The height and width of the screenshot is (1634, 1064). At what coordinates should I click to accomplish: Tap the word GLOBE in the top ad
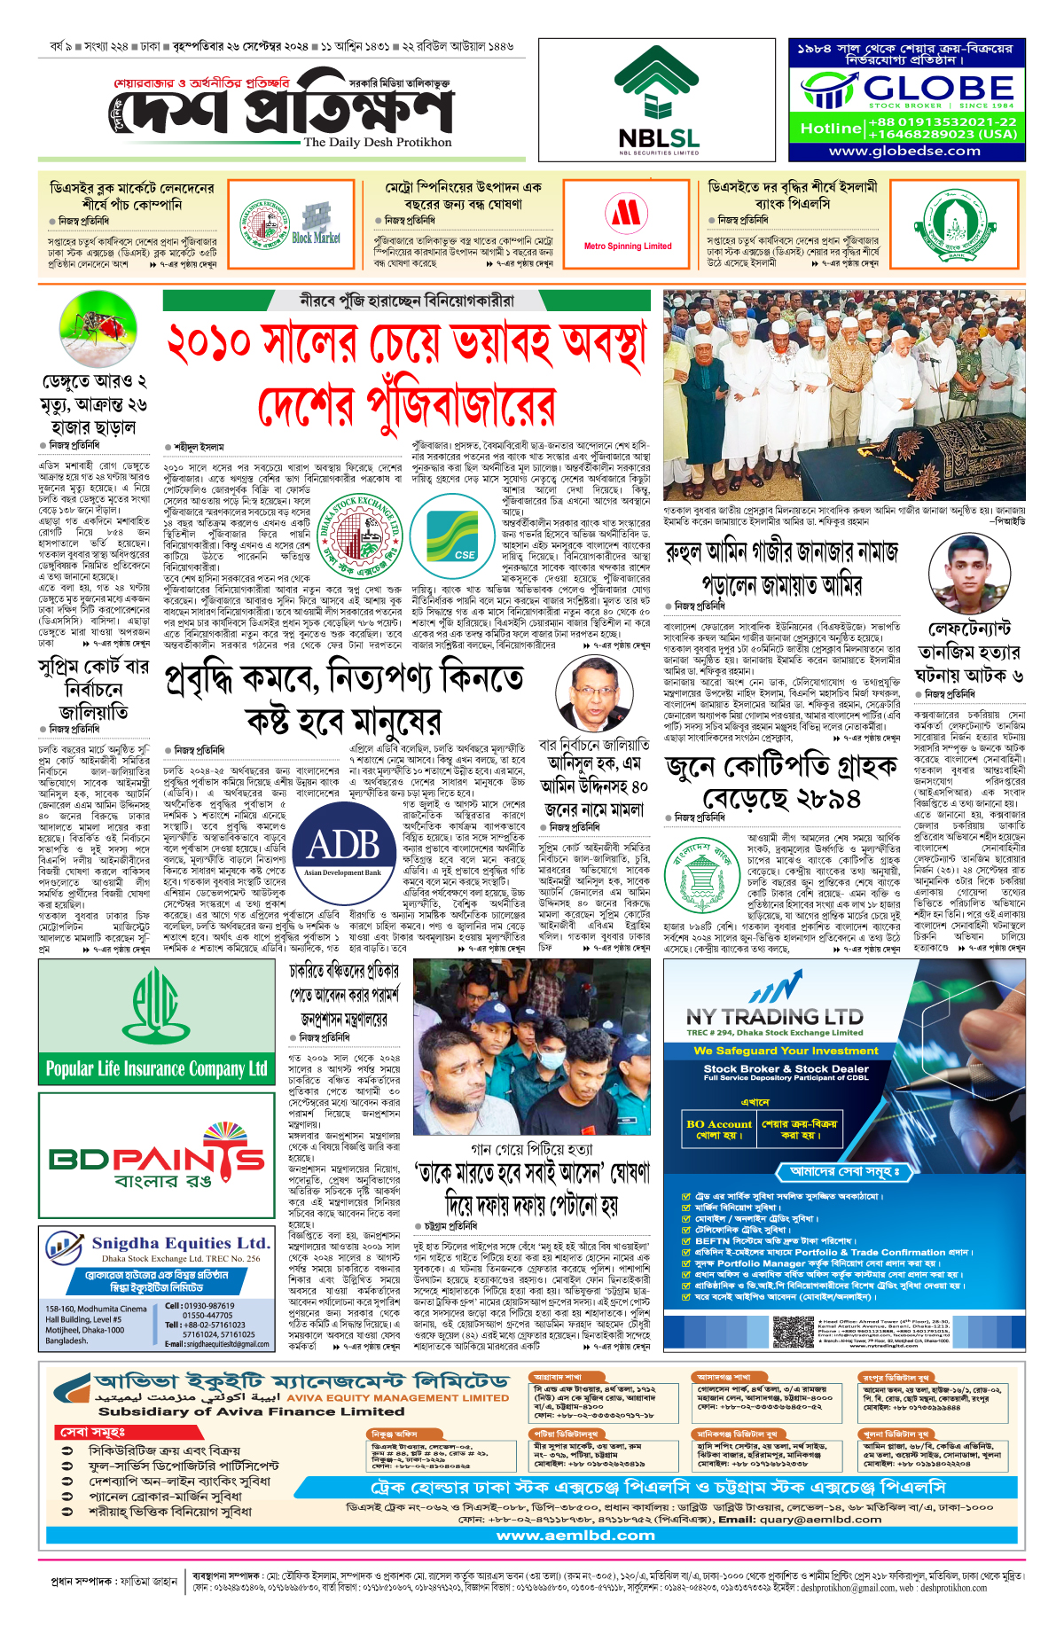coord(938,88)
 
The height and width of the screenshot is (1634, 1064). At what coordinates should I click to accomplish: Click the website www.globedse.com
coord(904,151)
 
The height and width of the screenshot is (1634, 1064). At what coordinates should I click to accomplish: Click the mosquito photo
coord(92,328)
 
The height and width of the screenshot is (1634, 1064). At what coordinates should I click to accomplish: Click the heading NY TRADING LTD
coord(774,1017)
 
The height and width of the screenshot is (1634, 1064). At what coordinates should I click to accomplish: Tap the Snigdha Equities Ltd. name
coord(180,1243)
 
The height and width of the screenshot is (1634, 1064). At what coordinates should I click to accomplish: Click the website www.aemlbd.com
coord(575,1535)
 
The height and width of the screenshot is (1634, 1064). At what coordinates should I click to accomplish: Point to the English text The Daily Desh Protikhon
coord(377,142)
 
